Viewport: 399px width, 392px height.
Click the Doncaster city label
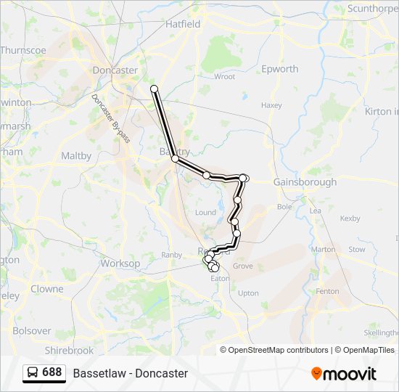click(115, 70)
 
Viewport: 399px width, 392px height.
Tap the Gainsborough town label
click(305, 182)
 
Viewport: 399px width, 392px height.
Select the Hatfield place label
click(183, 24)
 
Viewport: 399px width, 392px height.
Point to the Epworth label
click(279, 69)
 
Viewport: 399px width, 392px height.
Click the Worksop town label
click(120, 263)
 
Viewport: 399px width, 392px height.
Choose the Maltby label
click(76, 155)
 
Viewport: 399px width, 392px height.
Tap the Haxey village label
click(271, 105)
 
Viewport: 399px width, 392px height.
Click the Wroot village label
click(224, 76)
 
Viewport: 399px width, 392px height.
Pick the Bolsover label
click(32, 330)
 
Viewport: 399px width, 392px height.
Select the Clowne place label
click(47, 288)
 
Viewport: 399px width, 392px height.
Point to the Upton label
click(248, 293)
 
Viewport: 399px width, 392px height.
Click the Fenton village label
click(327, 291)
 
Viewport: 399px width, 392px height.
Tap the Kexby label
click(350, 218)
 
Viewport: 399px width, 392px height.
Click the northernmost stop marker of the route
click(154, 89)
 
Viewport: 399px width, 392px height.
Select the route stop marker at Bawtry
click(175, 158)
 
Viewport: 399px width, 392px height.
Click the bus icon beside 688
click(33, 372)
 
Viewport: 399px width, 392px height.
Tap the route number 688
click(52, 372)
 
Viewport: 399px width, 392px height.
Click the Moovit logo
click(344, 374)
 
